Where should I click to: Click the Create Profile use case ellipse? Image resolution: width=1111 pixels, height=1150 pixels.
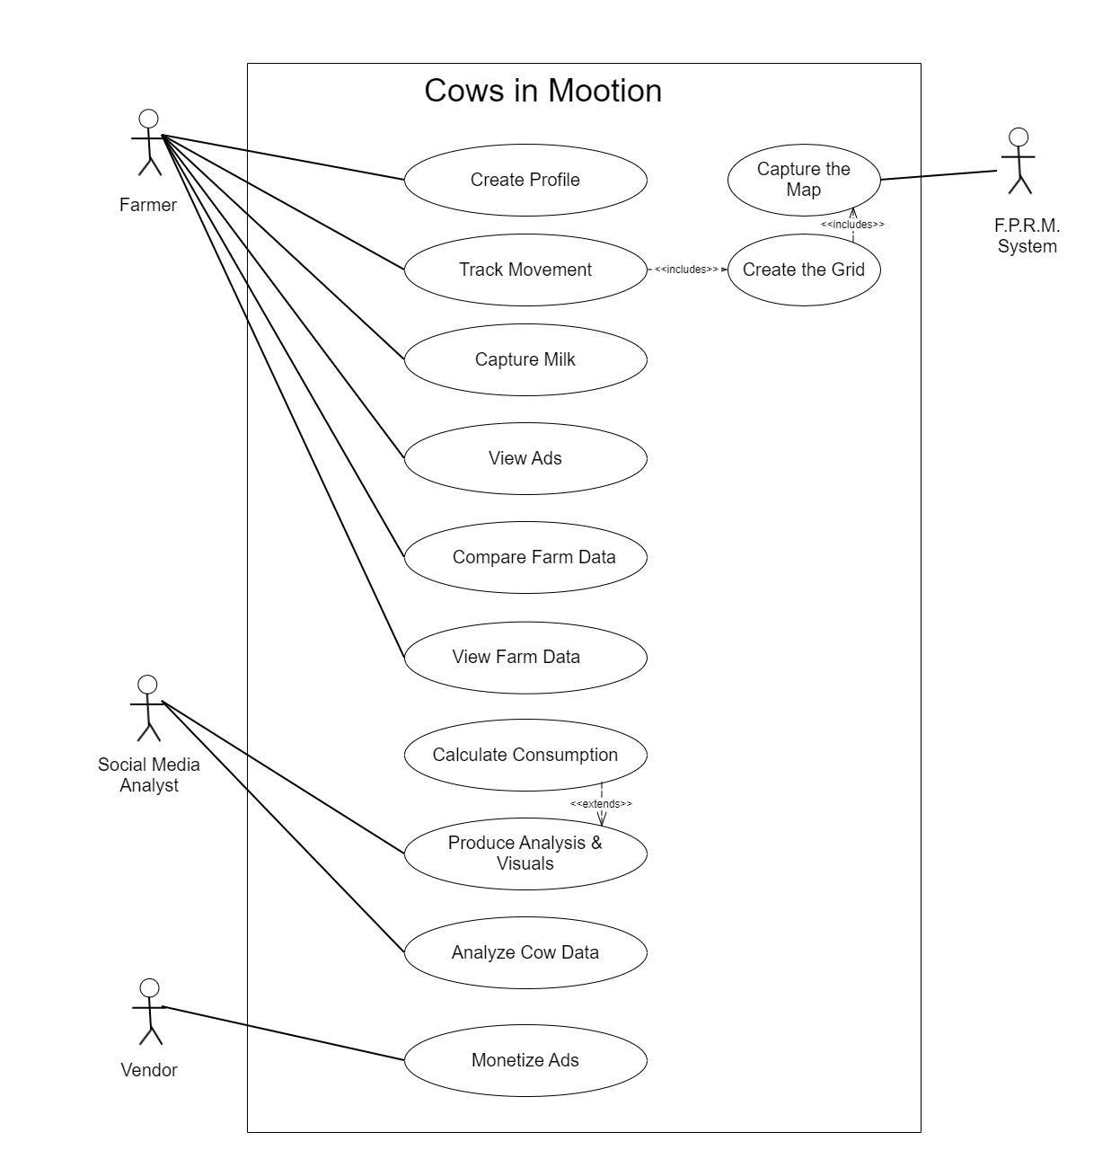[x=525, y=180]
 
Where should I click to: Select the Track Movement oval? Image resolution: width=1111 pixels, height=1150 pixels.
[x=525, y=270]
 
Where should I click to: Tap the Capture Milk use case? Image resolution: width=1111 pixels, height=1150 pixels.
[x=525, y=359]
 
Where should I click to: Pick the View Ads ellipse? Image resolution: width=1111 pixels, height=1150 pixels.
[x=525, y=458]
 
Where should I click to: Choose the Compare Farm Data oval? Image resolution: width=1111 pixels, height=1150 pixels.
[x=525, y=557]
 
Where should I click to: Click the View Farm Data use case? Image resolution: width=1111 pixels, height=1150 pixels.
[x=525, y=657]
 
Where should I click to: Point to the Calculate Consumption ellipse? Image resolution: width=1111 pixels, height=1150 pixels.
[x=525, y=755]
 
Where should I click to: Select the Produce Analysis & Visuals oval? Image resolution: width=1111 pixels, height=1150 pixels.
[x=525, y=854]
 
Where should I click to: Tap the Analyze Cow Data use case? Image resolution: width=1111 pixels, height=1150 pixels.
[x=525, y=952]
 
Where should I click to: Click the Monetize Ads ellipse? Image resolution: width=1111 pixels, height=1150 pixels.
[x=525, y=1060]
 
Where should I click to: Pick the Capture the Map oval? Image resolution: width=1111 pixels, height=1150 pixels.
[x=804, y=180]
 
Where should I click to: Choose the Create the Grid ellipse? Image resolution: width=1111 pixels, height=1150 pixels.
[x=804, y=270]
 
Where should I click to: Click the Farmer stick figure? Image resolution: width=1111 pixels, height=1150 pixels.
[x=148, y=144]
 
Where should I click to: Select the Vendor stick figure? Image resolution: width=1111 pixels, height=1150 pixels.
[x=150, y=1012]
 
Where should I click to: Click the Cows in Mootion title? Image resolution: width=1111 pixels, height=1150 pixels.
[x=543, y=91]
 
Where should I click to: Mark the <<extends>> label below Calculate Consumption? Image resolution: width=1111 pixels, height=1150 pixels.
[x=601, y=803]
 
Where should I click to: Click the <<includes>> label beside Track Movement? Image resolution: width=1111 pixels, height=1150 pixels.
[x=686, y=270]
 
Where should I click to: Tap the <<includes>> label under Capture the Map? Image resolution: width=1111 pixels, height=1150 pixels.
[x=852, y=225]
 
